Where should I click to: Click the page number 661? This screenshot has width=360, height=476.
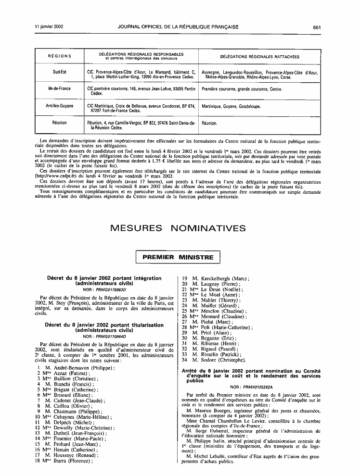coord(316,27)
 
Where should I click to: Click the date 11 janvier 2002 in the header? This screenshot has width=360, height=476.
coord(49,27)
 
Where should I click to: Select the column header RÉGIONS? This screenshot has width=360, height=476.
coord(60,56)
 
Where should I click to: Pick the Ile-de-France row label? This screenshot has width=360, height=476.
coord(60,89)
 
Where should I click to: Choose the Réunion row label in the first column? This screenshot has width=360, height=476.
coord(60,123)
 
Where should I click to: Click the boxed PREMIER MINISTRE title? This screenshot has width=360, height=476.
coord(178,257)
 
